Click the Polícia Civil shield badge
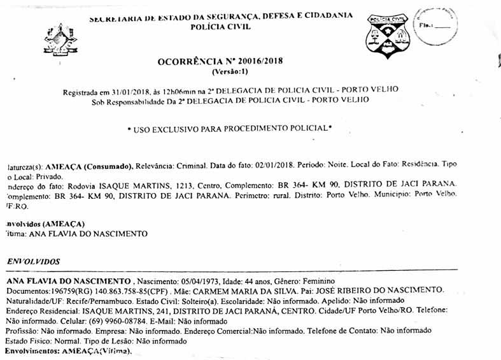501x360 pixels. (x=387, y=36)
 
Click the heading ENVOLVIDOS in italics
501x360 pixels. (x=33, y=261)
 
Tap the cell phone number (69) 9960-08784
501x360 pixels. (x=95, y=321)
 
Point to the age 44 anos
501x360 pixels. (x=256, y=281)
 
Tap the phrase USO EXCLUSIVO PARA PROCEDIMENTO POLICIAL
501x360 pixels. (x=229, y=129)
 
